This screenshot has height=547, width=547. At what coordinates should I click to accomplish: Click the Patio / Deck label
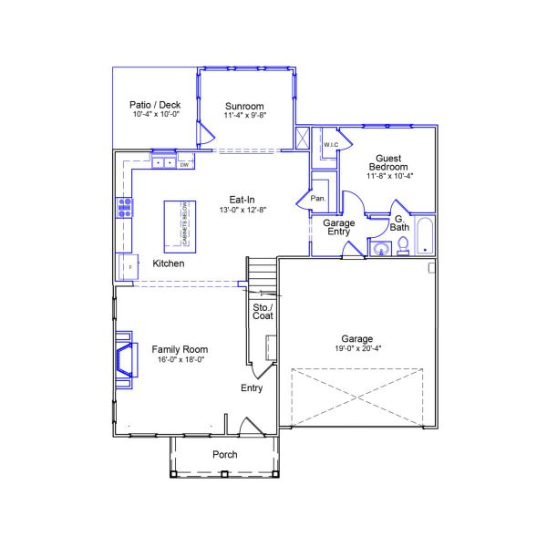coord(156,105)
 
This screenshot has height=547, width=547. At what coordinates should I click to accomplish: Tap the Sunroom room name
coord(244,106)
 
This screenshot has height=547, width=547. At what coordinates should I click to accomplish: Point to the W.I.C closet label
coord(330,145)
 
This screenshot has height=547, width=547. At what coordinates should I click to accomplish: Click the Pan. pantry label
coord(318,198)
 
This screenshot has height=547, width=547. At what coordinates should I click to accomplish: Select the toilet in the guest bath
coord(401,249)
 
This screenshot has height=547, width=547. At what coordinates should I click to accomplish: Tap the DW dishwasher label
coord(183,165)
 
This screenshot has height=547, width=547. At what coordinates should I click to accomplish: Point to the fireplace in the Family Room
coord(121,357)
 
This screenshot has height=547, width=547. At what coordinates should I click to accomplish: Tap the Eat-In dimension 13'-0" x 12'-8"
coord(241,210)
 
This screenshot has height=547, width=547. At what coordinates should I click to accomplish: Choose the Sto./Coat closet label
coord(263,310)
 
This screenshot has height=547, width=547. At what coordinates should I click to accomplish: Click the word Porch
coord(224,455)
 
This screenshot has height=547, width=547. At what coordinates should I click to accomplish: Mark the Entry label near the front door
coord(252,388)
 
